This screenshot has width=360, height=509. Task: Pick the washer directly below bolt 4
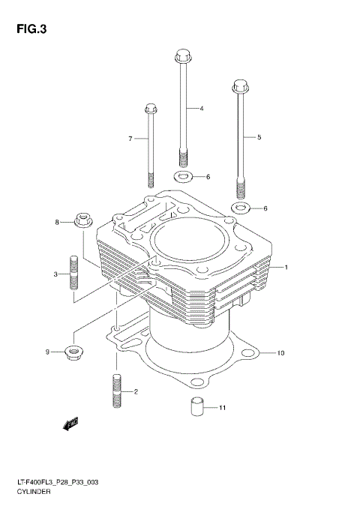(181, 177)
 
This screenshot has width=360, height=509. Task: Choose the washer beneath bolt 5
(241, 207)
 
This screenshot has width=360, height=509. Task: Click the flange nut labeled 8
(83, 221)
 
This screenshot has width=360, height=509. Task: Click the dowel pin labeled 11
(196, 408)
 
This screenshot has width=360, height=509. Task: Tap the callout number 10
(280, 352)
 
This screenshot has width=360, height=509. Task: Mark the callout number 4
(201, 109)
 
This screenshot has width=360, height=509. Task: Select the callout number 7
(130, 139)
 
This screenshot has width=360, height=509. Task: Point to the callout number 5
(259, 137)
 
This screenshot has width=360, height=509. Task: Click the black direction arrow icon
(72, 426)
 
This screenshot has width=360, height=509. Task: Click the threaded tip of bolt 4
(181, 159)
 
